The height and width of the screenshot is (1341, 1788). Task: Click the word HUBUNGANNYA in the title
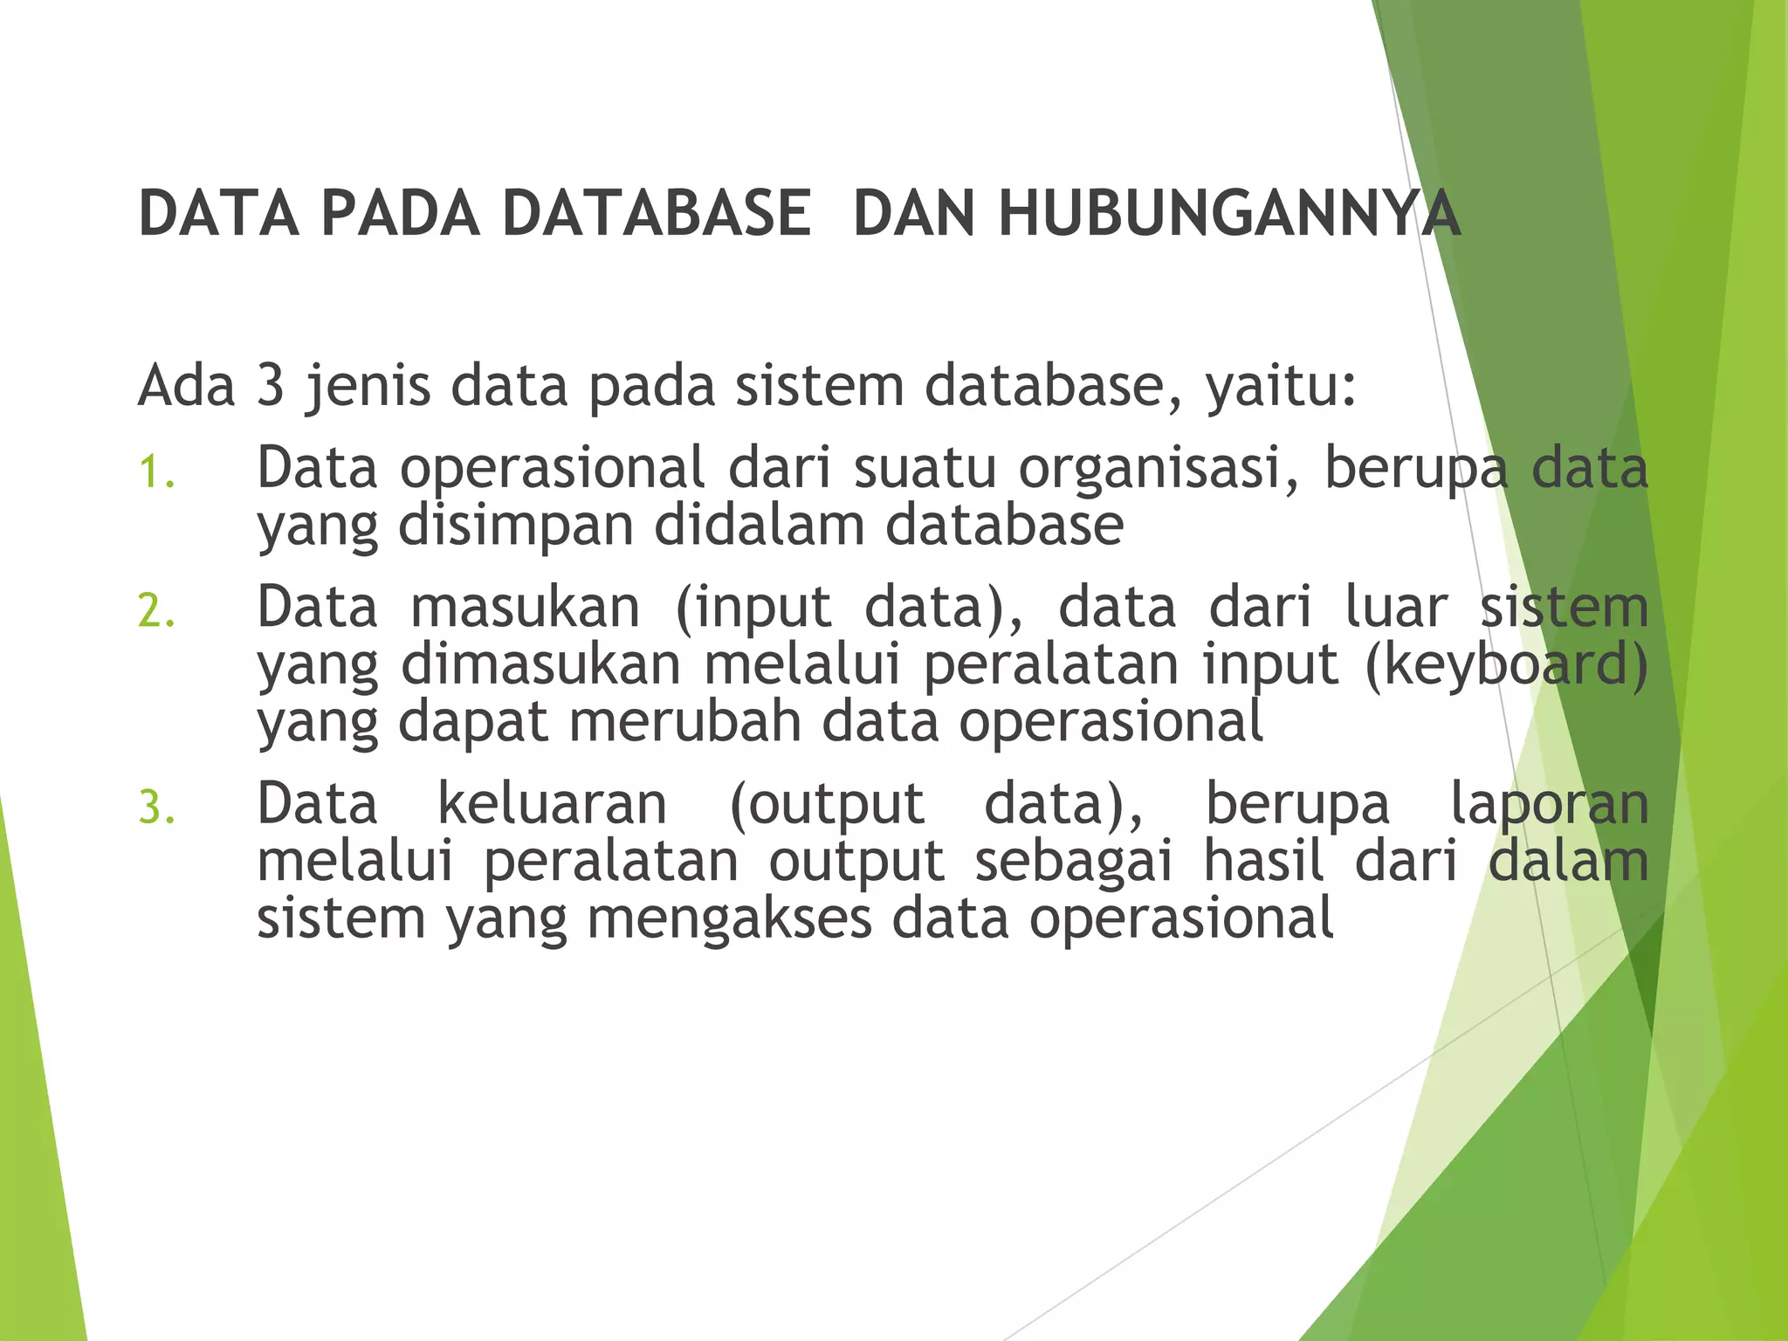click(1229, 213)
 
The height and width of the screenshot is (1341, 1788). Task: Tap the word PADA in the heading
click(400, 213)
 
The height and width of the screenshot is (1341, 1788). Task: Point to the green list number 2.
click(156, 610)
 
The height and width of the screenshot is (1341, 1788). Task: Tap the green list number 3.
click(156, 808)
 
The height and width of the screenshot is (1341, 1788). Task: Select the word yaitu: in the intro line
click(1282, 387)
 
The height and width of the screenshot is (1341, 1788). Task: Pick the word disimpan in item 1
click(516, 527)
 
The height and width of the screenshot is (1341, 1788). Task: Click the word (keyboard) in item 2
click(1506, 665)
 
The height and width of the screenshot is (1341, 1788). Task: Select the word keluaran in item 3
click(552, 804)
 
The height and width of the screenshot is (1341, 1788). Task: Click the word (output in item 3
click(826, 806)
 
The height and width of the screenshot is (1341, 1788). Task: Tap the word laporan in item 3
click(1549, 806)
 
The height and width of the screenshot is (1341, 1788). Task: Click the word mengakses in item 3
click(729, 920)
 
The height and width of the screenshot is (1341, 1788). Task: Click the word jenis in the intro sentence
click(368, 387)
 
